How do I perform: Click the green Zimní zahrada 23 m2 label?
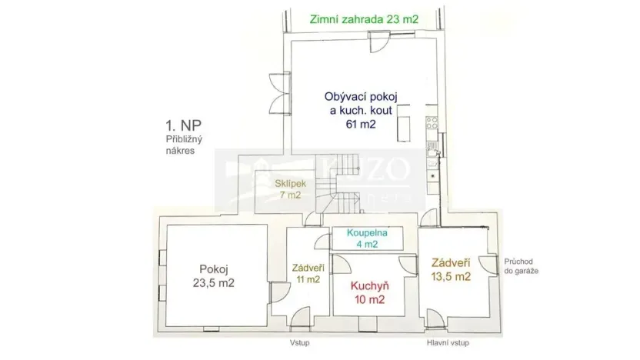tap(364, 21)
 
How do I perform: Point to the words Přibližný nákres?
tap(182, 145)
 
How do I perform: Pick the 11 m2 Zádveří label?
tap(307, 273)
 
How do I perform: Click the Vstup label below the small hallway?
tap(299, 342)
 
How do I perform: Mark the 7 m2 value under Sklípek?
tap(289, 195)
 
